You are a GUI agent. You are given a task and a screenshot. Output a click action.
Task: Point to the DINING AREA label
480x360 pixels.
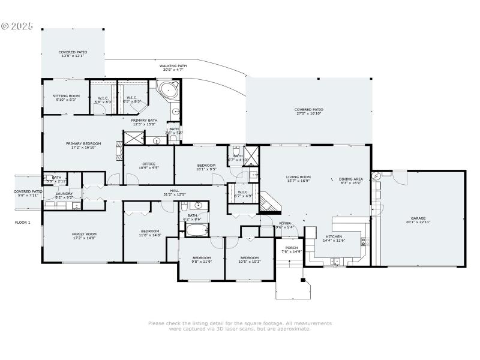point(350,180)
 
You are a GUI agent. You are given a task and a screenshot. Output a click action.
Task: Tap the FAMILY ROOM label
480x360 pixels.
point(84,236)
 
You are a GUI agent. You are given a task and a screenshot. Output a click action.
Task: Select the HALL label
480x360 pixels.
point(175,192)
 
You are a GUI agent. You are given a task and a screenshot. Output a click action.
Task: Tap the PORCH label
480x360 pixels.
point(292,250)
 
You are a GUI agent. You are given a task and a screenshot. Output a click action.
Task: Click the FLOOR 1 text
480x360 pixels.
point(22,223)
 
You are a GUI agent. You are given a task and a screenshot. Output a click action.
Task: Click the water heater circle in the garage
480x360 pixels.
point(376,176)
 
